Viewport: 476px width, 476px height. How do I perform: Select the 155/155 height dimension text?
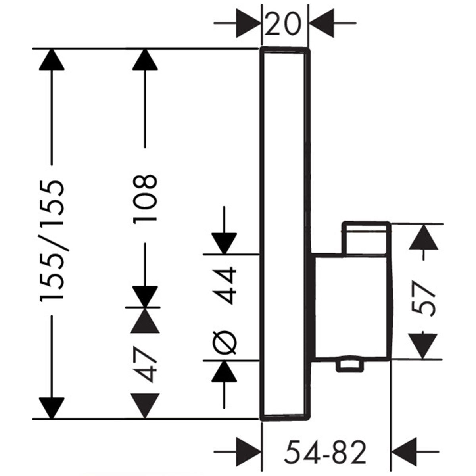(x=52, y=242)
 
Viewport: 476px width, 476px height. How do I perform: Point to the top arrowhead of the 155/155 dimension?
(x=52, y=59)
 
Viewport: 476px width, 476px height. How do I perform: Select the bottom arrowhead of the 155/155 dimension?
(x=52, y=407)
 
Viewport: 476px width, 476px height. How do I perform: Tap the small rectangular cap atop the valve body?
(x=367, y=238)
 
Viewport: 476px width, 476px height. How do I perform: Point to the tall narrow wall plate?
(x=284, y=234)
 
